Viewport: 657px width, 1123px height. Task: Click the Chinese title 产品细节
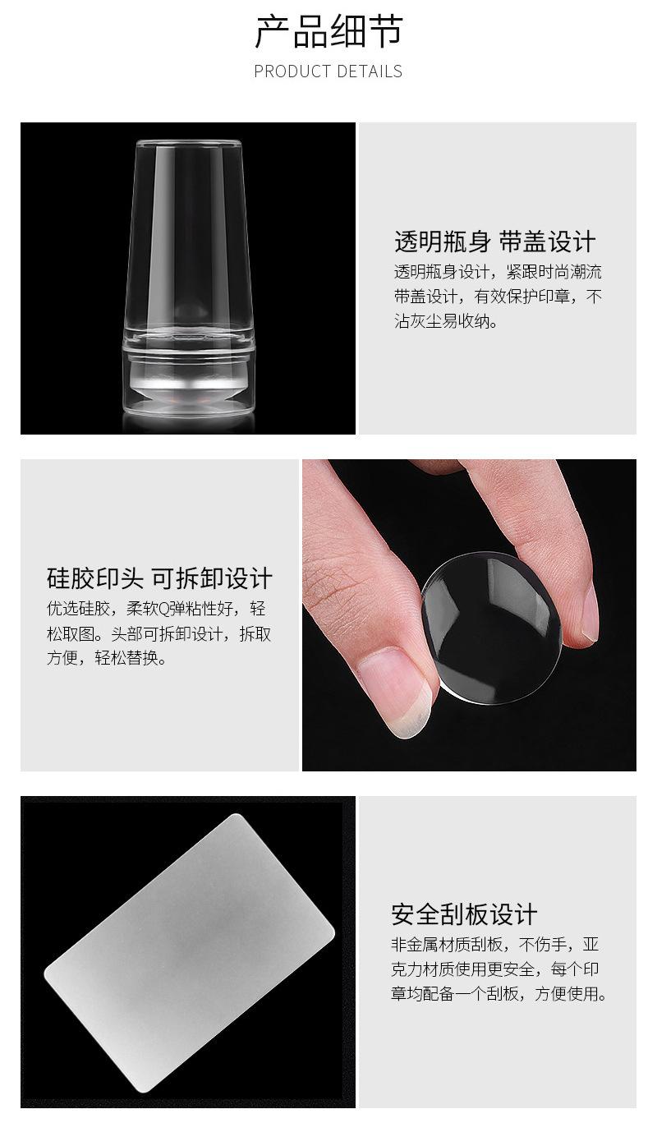328,31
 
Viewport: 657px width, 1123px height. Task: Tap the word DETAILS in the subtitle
369,71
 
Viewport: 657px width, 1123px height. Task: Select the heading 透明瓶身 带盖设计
494,242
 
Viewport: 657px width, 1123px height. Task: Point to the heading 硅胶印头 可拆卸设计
159,578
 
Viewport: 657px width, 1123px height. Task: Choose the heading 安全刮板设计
464,914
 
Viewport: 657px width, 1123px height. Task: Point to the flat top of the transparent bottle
188,145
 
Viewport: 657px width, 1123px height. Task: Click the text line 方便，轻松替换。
107,657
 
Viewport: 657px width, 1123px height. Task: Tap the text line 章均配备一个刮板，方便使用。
498,993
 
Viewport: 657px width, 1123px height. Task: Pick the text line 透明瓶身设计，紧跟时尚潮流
498,272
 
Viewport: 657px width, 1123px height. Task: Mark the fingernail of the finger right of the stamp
591,613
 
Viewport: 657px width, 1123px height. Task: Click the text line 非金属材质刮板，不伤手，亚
495,945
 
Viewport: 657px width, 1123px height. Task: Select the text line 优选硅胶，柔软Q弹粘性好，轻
156,609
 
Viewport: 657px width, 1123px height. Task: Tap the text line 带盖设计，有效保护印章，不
498,297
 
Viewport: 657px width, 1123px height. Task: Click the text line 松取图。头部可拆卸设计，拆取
159,633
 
